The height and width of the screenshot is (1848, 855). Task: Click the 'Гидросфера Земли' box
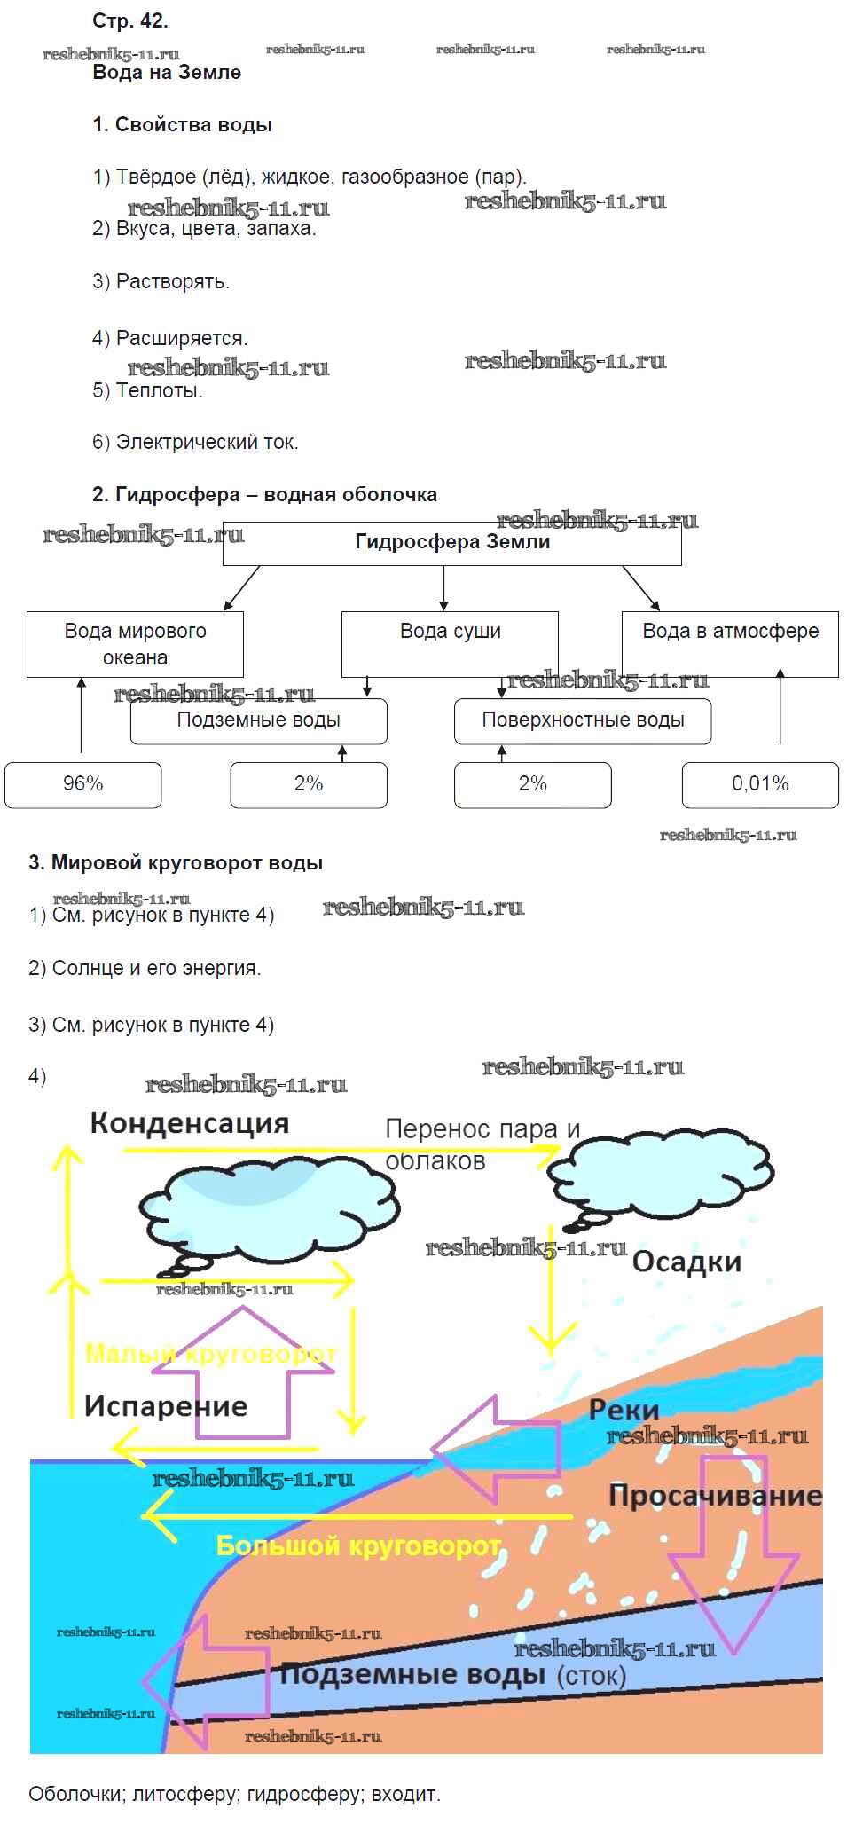click(x=452, y=543)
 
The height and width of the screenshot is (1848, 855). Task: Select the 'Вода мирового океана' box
click(x=135, y=644)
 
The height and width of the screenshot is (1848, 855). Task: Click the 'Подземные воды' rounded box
click(x=258, y=720)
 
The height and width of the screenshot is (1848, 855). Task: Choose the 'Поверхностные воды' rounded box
click(x=583, y=720)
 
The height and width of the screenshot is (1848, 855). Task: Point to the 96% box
click(x=83, y=784)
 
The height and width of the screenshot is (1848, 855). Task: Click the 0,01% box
click(x=760, y=784)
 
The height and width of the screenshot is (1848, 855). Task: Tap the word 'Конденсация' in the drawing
click(x=190, y=1123)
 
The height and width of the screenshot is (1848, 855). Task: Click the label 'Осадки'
click(x=686, y=1262)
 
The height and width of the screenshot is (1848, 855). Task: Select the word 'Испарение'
click(x=166, y=1405)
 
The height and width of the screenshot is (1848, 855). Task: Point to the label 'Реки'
click(x=624, y=1410)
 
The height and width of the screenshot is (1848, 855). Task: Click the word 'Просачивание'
click(x=715, y=1496)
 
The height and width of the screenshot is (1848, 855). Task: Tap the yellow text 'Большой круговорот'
click(x=359, y=1546)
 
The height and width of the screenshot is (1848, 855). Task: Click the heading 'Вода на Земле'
click(x=167, y=73)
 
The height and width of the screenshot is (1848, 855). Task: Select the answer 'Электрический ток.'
click(x=207, y=442)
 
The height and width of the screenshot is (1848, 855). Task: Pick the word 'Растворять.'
click(x=172, y=282)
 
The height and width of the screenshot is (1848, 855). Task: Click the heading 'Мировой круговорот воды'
click(x=186, y=862)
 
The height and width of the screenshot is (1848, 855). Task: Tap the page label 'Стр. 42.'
click(x=130, y=20)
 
